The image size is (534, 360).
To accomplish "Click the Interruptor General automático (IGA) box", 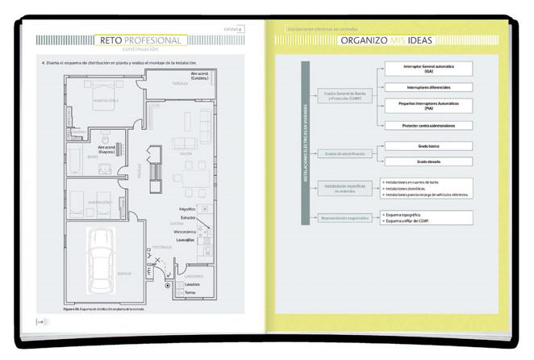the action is [x=428, y=69].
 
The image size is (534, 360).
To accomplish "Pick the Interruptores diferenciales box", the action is [x=428, y=86].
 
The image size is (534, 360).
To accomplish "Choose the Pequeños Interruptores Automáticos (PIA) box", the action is [x=428, y=106].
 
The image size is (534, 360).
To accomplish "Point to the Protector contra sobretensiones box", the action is [x=428, y=125].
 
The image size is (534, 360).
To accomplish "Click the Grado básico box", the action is [x=428, y=146].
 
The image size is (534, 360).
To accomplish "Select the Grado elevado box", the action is [x=428, y=161].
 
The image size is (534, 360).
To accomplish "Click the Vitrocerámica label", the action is [x=186, y=230].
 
